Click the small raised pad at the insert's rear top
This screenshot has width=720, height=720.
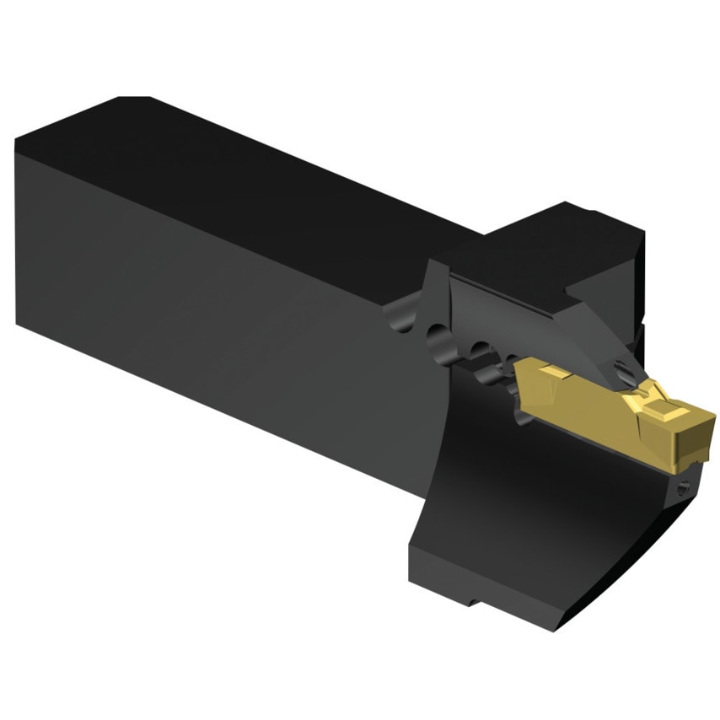tap(540, 371)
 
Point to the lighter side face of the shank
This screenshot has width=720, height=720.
tap(211, 295)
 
